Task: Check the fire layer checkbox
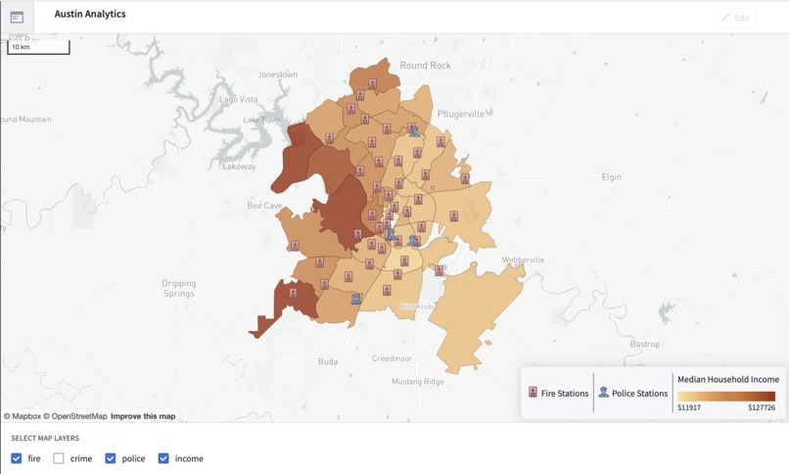(17, 458)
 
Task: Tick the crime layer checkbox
(59, 458)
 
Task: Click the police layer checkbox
(111, 458)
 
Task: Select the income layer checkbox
(163, 458)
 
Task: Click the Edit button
(735, 18)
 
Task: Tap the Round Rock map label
(426, 66)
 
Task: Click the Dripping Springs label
(178, 288)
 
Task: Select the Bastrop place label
(644, 344)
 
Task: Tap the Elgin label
(611, 177)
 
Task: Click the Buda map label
(328, 361)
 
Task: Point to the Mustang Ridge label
(418, 382)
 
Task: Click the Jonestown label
(277, 74)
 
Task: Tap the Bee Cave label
(264, 206)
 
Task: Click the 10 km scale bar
(38, 47)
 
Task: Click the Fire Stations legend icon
(534, 393)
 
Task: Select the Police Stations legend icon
(604, 393)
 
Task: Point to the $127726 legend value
(761, 407)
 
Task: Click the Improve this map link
(143, 416)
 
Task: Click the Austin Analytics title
(90, 15)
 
